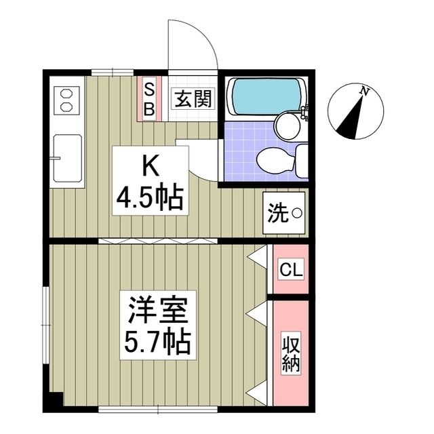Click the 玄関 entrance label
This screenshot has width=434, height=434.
tap(192, 100)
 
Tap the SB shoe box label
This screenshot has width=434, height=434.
tap(149, 98)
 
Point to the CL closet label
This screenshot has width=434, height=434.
tap(292, 269)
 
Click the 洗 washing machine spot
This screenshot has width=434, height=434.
tap(286, 214)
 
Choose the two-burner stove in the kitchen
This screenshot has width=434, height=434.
tap(66, 100)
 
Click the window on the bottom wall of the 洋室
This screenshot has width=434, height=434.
tap(157, 408)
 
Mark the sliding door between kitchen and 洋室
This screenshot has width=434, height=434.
tap(160, 241)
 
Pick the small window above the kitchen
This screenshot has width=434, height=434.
tap(111, 72)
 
